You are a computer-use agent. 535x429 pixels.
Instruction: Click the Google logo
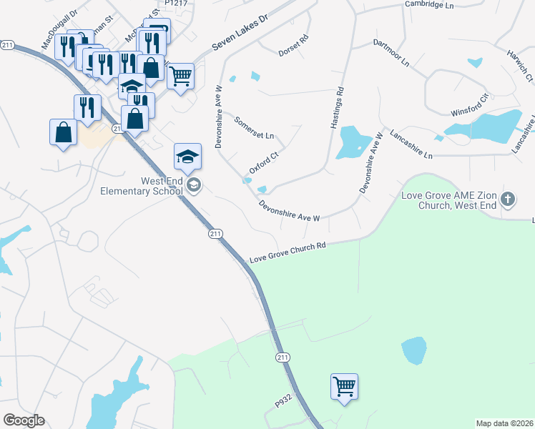(x=24, y=420)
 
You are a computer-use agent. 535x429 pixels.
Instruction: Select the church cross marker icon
(x=508, y=199)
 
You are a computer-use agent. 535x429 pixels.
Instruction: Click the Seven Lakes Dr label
(x=239, y=34)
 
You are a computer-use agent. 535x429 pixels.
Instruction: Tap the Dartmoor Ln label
(x=391, y=53)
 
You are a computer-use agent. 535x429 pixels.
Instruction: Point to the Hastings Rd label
(x=337, y=108)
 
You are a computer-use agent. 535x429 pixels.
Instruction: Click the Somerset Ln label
(x=254, y=126)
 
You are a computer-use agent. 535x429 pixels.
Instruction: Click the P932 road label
(x=285, y=403)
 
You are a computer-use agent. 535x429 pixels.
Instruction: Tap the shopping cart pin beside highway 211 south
(x=344, y=387)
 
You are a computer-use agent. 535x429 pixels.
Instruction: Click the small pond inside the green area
(x=413, y=350)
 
